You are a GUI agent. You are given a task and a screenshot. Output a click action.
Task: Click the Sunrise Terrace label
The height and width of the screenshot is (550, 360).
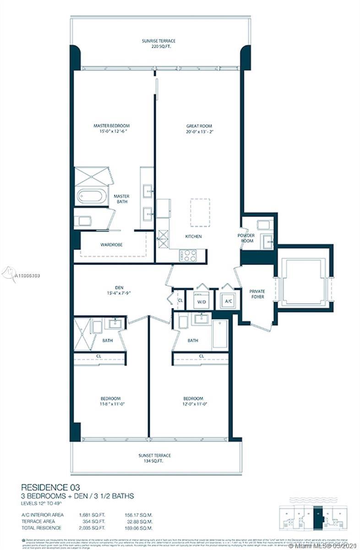tap(158, 41)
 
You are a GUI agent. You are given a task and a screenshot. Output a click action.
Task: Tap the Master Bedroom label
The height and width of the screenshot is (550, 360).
tap(112, 126)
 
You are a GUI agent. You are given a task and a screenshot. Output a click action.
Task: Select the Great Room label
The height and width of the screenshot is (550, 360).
tap(199, 126)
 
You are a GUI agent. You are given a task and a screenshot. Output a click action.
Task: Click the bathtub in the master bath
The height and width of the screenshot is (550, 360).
tap(92, 196)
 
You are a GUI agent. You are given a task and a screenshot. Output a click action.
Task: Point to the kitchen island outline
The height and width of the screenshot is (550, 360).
tap(200, 212)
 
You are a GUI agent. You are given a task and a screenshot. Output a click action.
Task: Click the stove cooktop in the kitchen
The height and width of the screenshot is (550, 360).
tap(188, 255)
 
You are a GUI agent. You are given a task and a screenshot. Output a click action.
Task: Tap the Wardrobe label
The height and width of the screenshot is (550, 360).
tap(111, 245)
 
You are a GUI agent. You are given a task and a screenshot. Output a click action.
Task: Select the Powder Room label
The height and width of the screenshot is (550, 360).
tap(246, 238)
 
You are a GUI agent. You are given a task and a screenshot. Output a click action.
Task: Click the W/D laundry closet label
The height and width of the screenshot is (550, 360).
tap(202, 302)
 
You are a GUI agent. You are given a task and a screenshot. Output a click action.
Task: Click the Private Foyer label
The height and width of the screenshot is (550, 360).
tap(257, 294)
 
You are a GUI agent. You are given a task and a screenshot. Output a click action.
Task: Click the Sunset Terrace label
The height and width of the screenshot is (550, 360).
tap(155, 455)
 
